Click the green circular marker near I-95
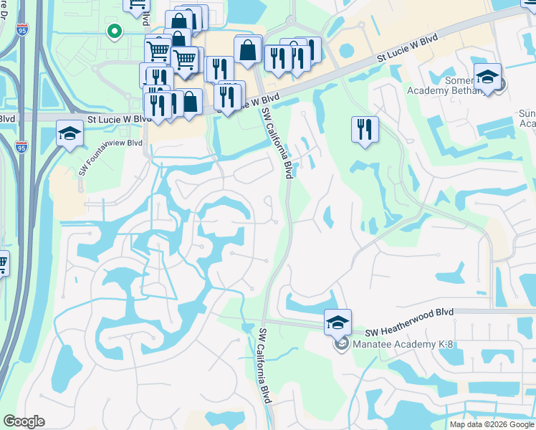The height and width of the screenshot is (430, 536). (x=113, y=31)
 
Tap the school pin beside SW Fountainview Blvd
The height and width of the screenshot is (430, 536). (x=70, y=133)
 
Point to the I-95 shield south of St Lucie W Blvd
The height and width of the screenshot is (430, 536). (x=21, y=147)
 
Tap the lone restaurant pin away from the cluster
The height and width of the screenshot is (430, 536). (x=365, y=130)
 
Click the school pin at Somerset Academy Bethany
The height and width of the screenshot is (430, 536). (x=487, y=77)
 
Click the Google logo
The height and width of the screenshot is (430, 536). (x=24, y=421)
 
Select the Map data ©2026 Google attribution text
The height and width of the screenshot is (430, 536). (x=492, y=424)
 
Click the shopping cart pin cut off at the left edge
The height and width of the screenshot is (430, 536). (x=2, y=263)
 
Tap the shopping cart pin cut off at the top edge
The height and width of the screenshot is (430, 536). (x=135, y=4)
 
